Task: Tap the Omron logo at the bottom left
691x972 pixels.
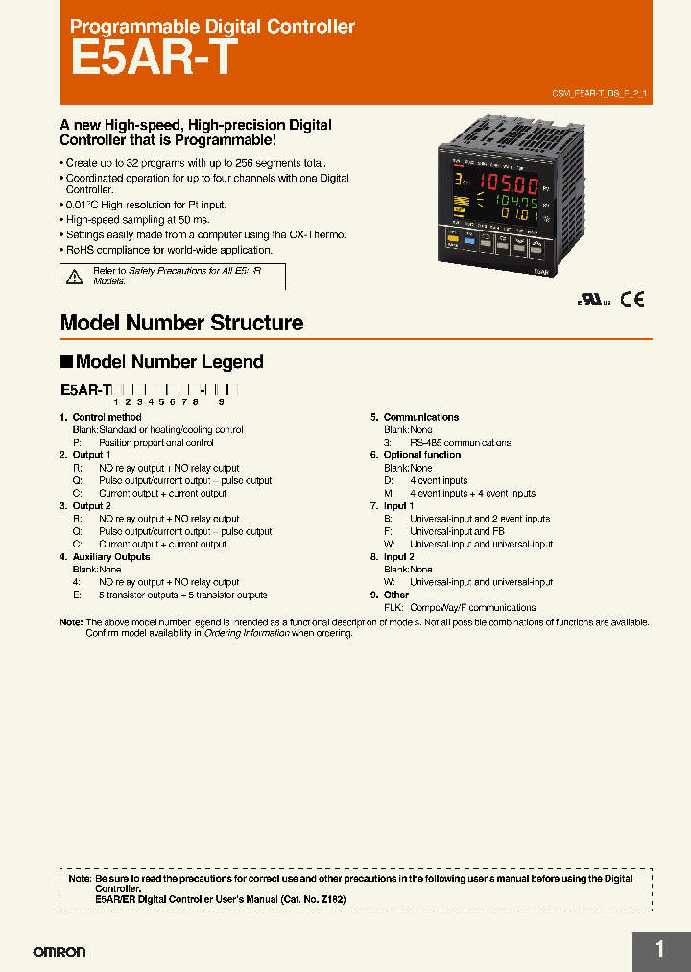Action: point(60,952)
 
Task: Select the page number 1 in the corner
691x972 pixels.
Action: point(660,950)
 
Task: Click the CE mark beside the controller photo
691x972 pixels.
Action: point(631,299)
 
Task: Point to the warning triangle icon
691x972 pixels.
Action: point(74,278)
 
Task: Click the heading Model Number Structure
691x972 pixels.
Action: point(181,323)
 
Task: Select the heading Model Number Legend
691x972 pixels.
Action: point(169,362)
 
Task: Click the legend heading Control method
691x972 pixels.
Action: point(107,417)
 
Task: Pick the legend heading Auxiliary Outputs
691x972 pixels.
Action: point(111,556)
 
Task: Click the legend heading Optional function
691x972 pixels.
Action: point(422,455)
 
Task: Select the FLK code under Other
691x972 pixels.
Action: point(393,607)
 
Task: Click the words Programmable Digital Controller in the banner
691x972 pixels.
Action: point(212,28)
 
